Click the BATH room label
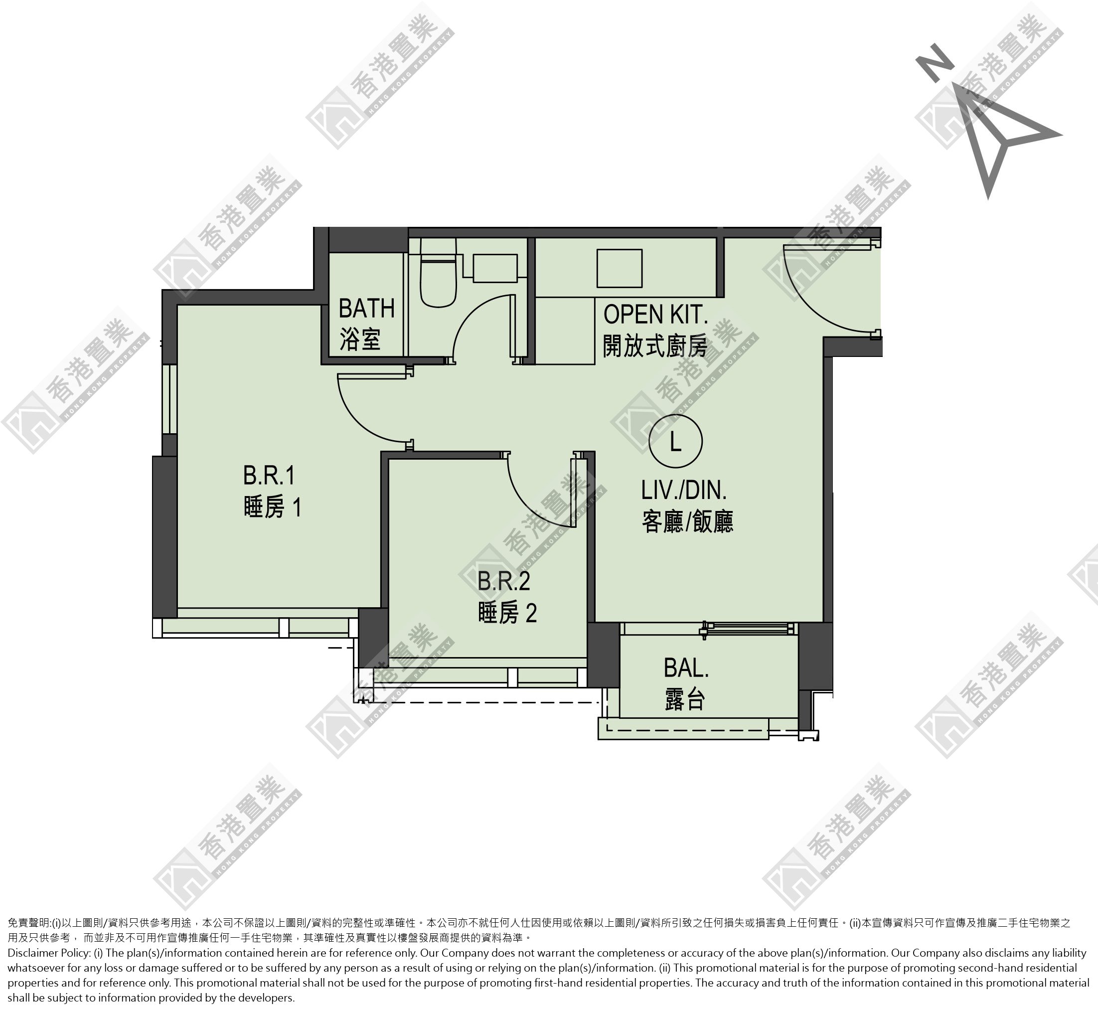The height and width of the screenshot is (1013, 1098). coord(366,309)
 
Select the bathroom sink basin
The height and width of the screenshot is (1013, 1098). coord(495,268)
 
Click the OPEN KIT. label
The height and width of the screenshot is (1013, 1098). coord(655,315)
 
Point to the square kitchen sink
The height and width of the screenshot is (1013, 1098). coord(620,268)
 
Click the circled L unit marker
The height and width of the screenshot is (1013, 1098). coord(675,441)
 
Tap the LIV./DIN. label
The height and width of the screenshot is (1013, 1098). coord(684,490)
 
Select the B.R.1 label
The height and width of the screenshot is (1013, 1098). coord(269,475)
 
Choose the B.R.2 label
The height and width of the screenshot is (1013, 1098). coord(504,582)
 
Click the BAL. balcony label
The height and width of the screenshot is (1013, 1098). coord(686,668)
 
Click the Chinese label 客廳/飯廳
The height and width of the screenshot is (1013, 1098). coord(687,521)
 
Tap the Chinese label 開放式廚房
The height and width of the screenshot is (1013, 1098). coord(655,346)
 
